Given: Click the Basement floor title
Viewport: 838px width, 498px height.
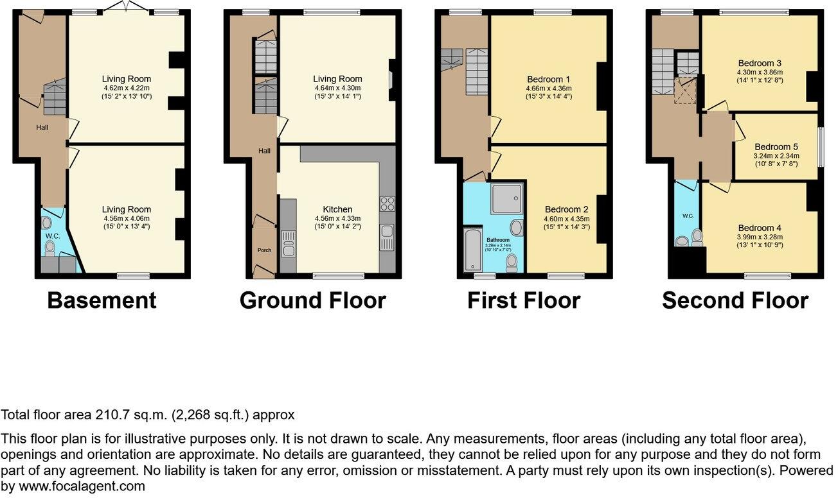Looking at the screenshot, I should (102, 300).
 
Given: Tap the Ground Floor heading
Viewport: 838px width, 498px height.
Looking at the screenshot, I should (312, 300).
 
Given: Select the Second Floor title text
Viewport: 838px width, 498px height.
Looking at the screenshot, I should (735, 300).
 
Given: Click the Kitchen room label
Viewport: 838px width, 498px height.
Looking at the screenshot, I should (337, 209).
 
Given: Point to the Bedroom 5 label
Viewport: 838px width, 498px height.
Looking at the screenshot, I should (776, 146).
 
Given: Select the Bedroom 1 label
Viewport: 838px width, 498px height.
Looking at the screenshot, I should (548, 80).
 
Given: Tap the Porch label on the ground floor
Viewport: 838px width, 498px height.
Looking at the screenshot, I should (264, 250).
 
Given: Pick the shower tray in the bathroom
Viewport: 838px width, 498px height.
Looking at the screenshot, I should (506, 199).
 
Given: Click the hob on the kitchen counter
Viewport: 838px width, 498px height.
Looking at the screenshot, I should (388, 204).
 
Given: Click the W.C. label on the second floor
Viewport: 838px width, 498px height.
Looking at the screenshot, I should (687, 216).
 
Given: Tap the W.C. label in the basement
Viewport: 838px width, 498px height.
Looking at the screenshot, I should (51, 235).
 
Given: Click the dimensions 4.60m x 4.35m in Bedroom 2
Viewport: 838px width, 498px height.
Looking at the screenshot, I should (567, 218).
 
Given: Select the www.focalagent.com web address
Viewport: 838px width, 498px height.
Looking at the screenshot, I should (81, 486).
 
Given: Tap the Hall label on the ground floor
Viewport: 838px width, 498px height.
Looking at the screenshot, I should (263, 151).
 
